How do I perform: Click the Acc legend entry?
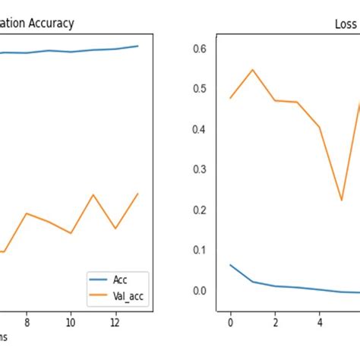[120, 279]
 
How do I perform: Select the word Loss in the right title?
[346, 24]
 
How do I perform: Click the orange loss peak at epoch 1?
[253, 70]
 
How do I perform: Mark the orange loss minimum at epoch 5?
[342, 201]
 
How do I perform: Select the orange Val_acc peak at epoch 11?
[93, 195]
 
